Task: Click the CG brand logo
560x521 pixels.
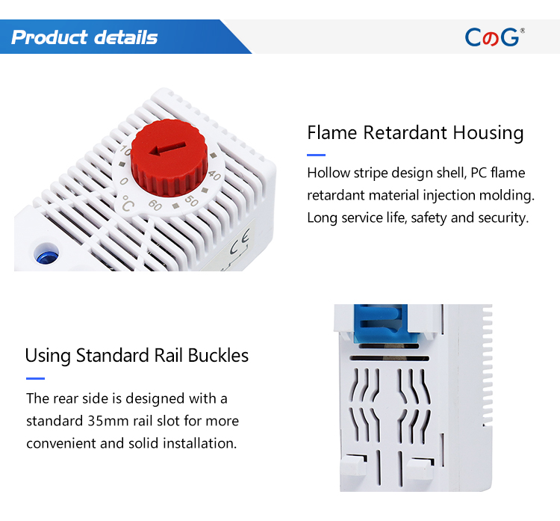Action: [x=494, y=37]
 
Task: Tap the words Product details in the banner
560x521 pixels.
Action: [x=84, y=37]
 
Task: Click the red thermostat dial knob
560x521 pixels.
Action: [x=169, y=158]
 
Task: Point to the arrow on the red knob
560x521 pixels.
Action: [x=167, y=149]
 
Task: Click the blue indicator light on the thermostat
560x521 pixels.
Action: [x=47, y=255]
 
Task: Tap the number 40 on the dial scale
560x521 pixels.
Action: [x=214, y=175]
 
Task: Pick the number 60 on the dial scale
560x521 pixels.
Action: [x=155, y=205]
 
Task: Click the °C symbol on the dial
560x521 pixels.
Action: [x=128, y=203]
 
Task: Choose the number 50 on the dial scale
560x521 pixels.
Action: [x=191, y=201]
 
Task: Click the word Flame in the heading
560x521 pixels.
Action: [x=332, y=132]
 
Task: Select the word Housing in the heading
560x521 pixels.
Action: [x=488, y=133]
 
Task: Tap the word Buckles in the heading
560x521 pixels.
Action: [x=218, y=356]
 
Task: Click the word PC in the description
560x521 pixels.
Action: [x=478, y=173]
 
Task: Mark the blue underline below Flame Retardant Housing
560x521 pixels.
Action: [x=316, y=155]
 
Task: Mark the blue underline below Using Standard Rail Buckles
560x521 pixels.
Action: [x=35, y=378]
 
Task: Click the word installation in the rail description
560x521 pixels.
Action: [x=199, y=443]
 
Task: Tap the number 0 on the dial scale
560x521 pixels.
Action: [x=123, y=182]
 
